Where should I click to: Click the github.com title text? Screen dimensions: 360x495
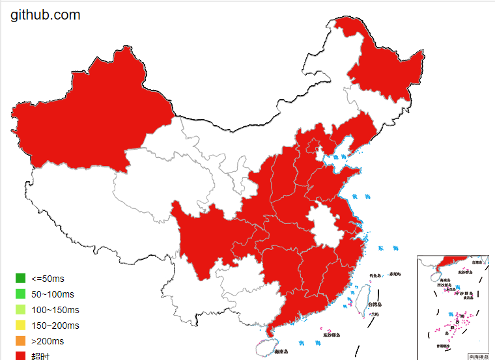coord(46,14)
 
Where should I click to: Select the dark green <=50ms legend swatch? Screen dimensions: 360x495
coord(21,279)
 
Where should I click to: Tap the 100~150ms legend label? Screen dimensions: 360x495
coord(56,310)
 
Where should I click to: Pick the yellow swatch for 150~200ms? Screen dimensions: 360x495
coord(21,325)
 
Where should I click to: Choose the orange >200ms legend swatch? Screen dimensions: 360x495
coord(21,341)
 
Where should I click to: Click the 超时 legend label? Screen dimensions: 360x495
coord(40,356)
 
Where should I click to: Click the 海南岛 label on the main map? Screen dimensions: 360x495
coord(281,352)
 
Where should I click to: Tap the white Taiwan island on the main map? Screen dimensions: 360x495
coord(358,299)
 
